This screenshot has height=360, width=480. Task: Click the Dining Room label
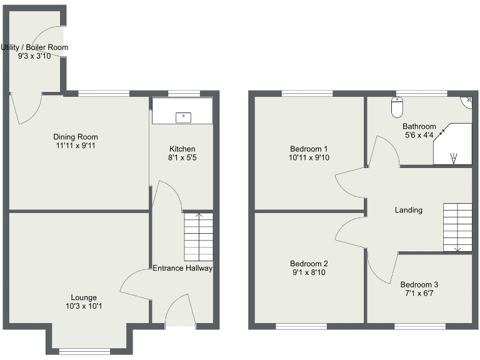76,137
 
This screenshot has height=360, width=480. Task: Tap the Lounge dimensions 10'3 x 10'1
84,306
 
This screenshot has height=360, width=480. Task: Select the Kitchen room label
182,149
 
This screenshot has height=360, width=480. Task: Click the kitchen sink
183,115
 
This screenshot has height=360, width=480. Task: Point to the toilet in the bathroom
397,107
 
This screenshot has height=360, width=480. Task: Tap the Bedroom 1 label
309,149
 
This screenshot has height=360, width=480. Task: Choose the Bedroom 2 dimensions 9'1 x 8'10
309,272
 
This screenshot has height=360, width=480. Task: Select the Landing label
409,210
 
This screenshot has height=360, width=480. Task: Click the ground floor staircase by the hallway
199,237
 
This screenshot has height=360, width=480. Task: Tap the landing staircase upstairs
457,227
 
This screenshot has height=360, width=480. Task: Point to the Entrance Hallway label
182,268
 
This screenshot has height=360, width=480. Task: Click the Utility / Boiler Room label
34,47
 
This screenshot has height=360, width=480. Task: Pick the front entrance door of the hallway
181,311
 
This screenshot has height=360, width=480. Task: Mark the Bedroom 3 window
420,326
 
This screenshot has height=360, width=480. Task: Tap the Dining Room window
104,94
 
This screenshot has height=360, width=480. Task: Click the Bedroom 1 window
307,94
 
